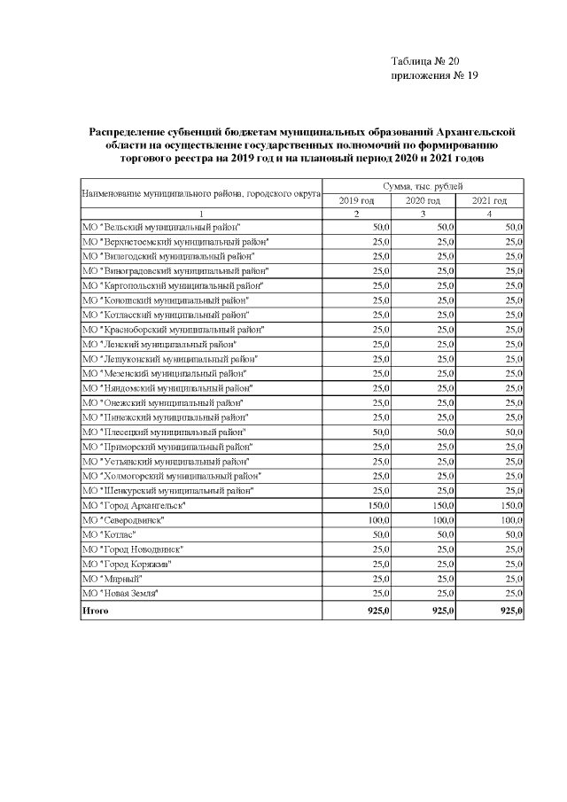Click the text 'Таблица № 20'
[x=424, y=61]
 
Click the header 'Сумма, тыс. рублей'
[x=423, y=186]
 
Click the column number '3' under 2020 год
[x=423, y=214]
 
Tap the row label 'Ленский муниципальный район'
[x=159, y=344]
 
